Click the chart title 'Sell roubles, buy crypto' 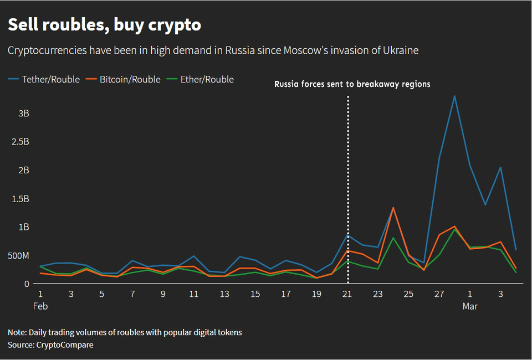104,25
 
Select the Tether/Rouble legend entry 44,80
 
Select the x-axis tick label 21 347,294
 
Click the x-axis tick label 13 224,294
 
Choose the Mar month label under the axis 470,306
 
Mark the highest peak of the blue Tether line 454,96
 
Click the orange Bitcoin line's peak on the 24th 393,208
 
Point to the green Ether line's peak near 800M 393,238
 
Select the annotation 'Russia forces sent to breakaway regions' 352,85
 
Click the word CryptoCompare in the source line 65,345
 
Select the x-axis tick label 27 439,294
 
